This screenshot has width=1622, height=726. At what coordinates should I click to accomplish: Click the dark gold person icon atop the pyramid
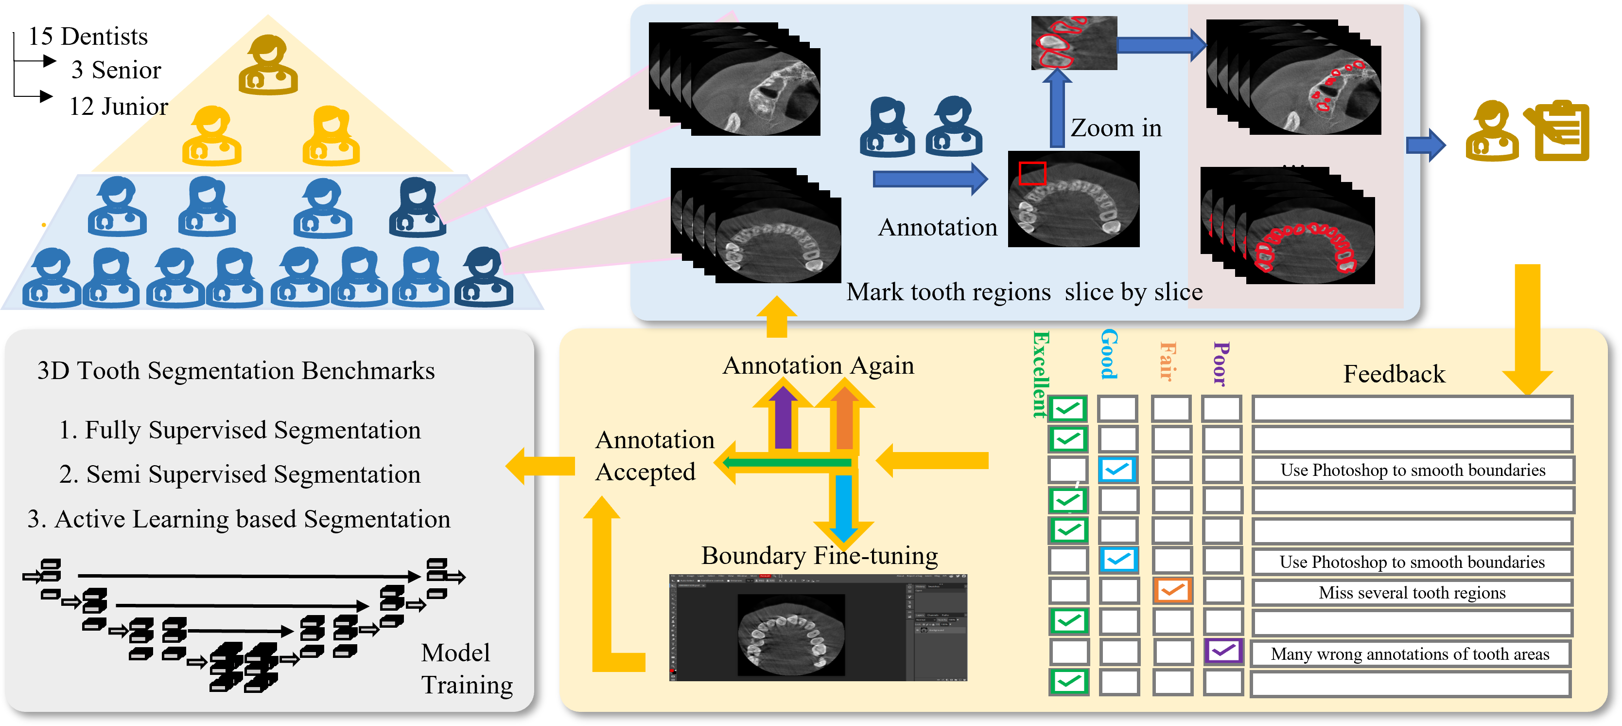(268, 65)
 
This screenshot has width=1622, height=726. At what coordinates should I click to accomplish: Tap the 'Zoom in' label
(1116, 128)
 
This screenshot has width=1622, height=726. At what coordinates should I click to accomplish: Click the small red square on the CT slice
(1032, 173)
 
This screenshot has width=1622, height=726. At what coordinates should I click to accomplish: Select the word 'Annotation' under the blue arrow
(938, 227)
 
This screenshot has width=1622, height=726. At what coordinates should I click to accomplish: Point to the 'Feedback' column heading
(1394, 374)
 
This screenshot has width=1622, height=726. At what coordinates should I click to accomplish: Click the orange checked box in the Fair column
(1172, 591)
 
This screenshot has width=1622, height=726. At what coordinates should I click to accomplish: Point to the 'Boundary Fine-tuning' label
(819, 556)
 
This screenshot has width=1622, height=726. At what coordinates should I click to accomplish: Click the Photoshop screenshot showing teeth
(818, 628)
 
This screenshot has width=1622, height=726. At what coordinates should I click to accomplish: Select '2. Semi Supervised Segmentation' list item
(240, 474)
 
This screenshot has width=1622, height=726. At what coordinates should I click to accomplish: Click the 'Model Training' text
(466, 669)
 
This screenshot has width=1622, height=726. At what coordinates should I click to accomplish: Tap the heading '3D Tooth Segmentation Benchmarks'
(236, 371)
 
